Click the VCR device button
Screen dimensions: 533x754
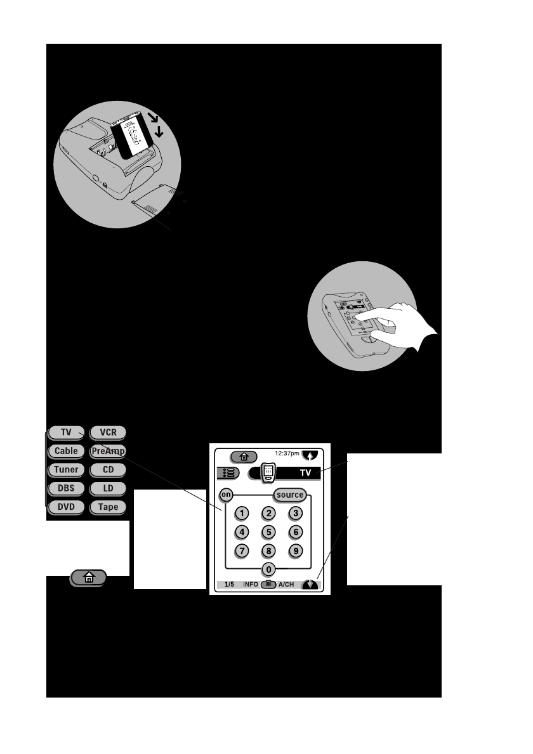(x=108, y=432)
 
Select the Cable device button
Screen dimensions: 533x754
(x=65, y=451)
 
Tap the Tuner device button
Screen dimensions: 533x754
(x=65, y=470)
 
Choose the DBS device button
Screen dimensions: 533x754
(x=65, y=488)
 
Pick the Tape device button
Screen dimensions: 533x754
(x=108, y=507)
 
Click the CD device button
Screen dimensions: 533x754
(x=108, y=470)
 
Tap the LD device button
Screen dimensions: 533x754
(x=108, y=488)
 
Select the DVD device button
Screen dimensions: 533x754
(x=65, y=507)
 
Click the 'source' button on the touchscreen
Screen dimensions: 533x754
(x=291, y=495)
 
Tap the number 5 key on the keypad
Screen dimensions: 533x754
(x=269, y=532)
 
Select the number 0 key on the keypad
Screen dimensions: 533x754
(x=269, y=569)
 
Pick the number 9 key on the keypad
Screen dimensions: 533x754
(x=294, y=550)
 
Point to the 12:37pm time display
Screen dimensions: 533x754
(x=287, y=454)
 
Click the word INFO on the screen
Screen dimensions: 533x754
(x=251, y=584)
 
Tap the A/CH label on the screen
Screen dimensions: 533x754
(x=286, y=584)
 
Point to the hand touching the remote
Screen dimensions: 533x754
(x=406, y=321)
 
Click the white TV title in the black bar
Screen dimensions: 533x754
(x=305, y=472)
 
